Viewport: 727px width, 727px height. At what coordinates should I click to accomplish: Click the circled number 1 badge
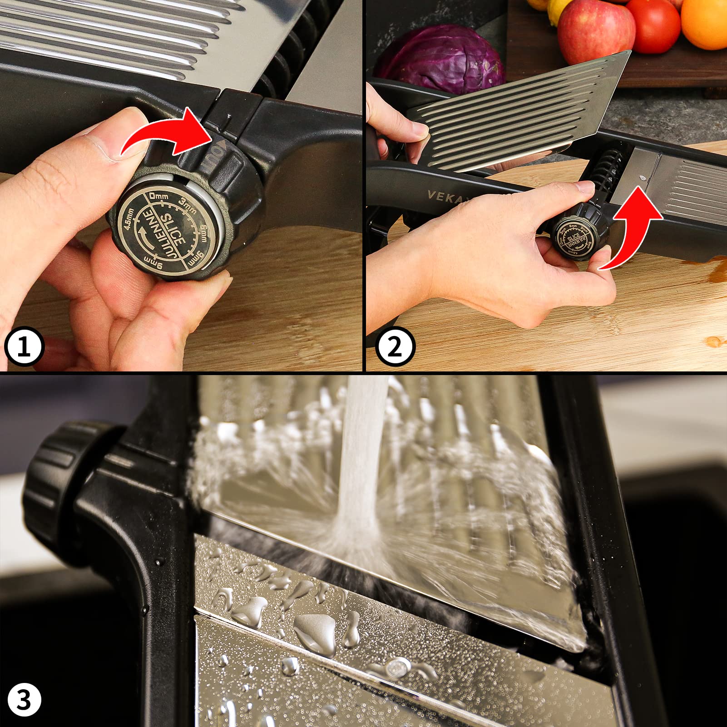24,347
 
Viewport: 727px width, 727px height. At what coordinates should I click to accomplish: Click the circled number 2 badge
395,347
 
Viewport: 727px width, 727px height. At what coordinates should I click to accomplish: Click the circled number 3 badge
24,700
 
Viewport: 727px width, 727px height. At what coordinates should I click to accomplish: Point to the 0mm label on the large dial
158,197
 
